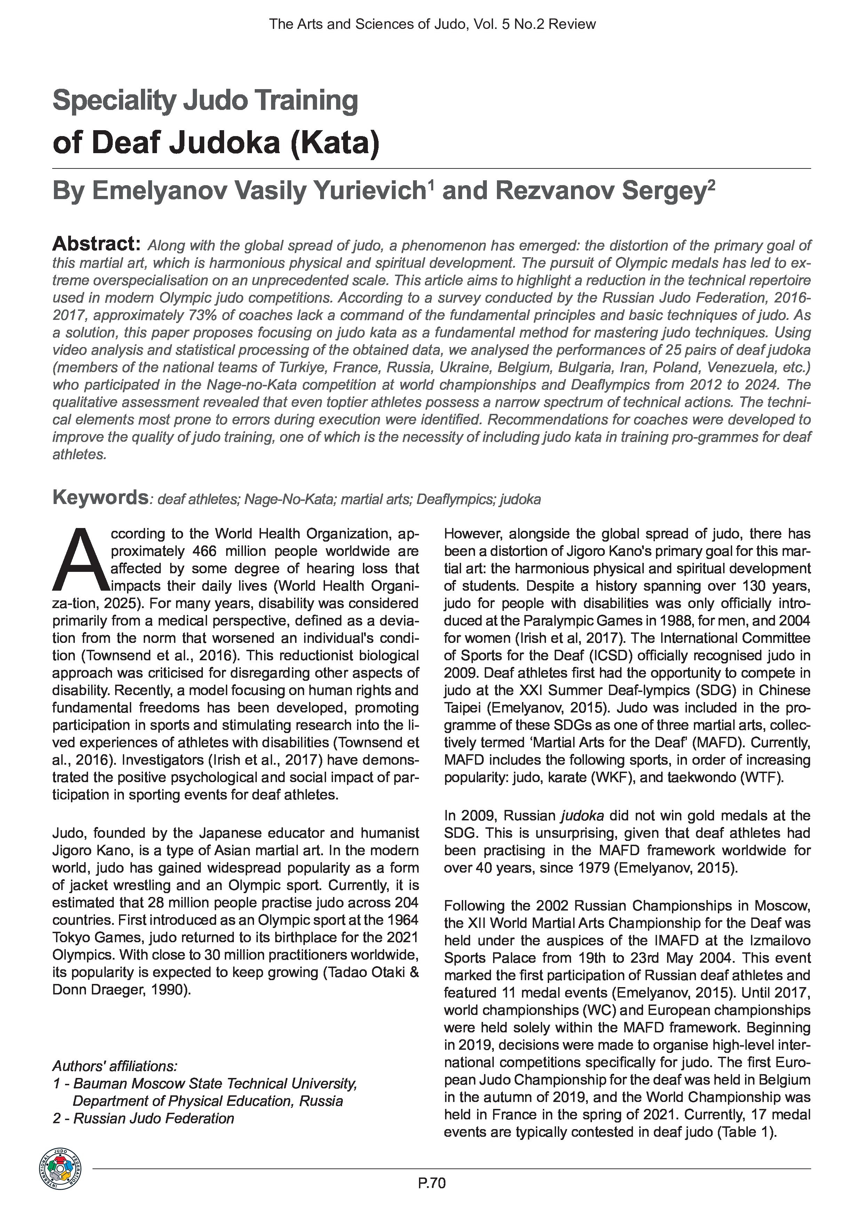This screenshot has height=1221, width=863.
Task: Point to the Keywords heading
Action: (x=100, y=498)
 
